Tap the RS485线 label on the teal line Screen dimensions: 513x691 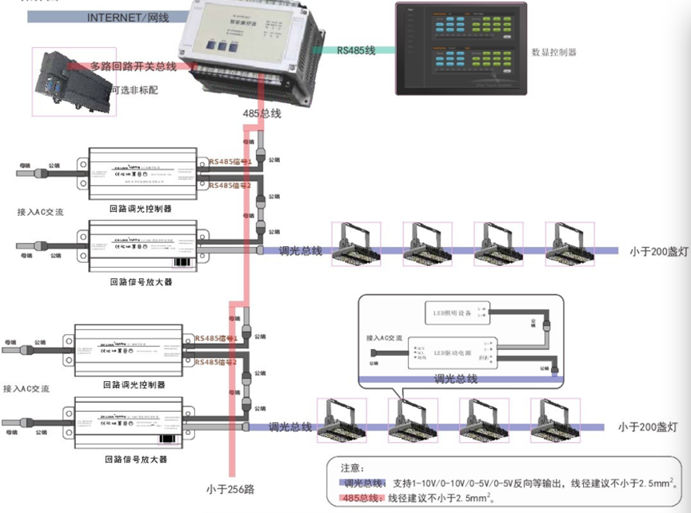pyautogui.click(x=356, y=50)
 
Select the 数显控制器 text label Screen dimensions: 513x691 pyautogui.click(x=553, y=53)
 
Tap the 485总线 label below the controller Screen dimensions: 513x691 pyautogui.click(x=262, y=114)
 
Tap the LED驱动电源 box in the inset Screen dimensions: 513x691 pyautogui.click(x=450, y=352)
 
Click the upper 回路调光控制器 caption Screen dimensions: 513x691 pyautogui.click(x=142, y=208)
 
